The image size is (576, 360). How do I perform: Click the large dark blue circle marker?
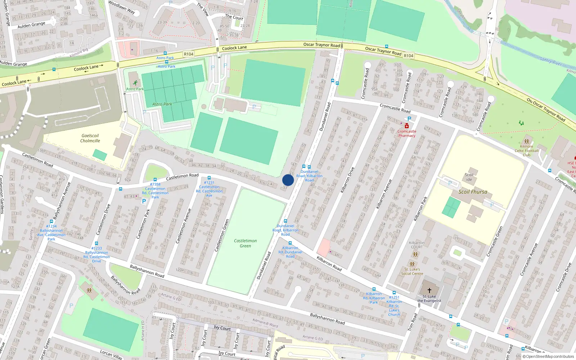click(288, 180)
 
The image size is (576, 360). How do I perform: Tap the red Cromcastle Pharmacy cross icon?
click(406, 126)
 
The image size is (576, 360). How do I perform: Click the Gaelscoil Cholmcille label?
click(90, 138)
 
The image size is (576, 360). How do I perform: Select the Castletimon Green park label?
click(246, 243)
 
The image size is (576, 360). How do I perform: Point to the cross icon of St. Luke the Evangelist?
click(429, 290)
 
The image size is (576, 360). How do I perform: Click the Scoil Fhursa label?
click(473, 192)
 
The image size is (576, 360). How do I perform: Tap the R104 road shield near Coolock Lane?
click(189, 54)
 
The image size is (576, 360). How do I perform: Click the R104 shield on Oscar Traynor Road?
click(408, 56)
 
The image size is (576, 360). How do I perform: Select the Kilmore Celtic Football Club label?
click(526, 150)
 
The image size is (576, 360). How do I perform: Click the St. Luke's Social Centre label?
click(412, 271)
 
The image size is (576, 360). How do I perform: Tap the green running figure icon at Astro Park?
click(135, 83)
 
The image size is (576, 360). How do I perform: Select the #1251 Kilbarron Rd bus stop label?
click(394, 306)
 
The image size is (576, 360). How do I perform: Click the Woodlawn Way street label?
click(121, 7)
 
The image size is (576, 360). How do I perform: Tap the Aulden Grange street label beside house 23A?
click(31, 25)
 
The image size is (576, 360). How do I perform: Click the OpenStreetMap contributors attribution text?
click(550, 357)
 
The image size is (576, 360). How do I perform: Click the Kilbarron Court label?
click(417, 245)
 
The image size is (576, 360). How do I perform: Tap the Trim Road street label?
click(413, 322)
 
